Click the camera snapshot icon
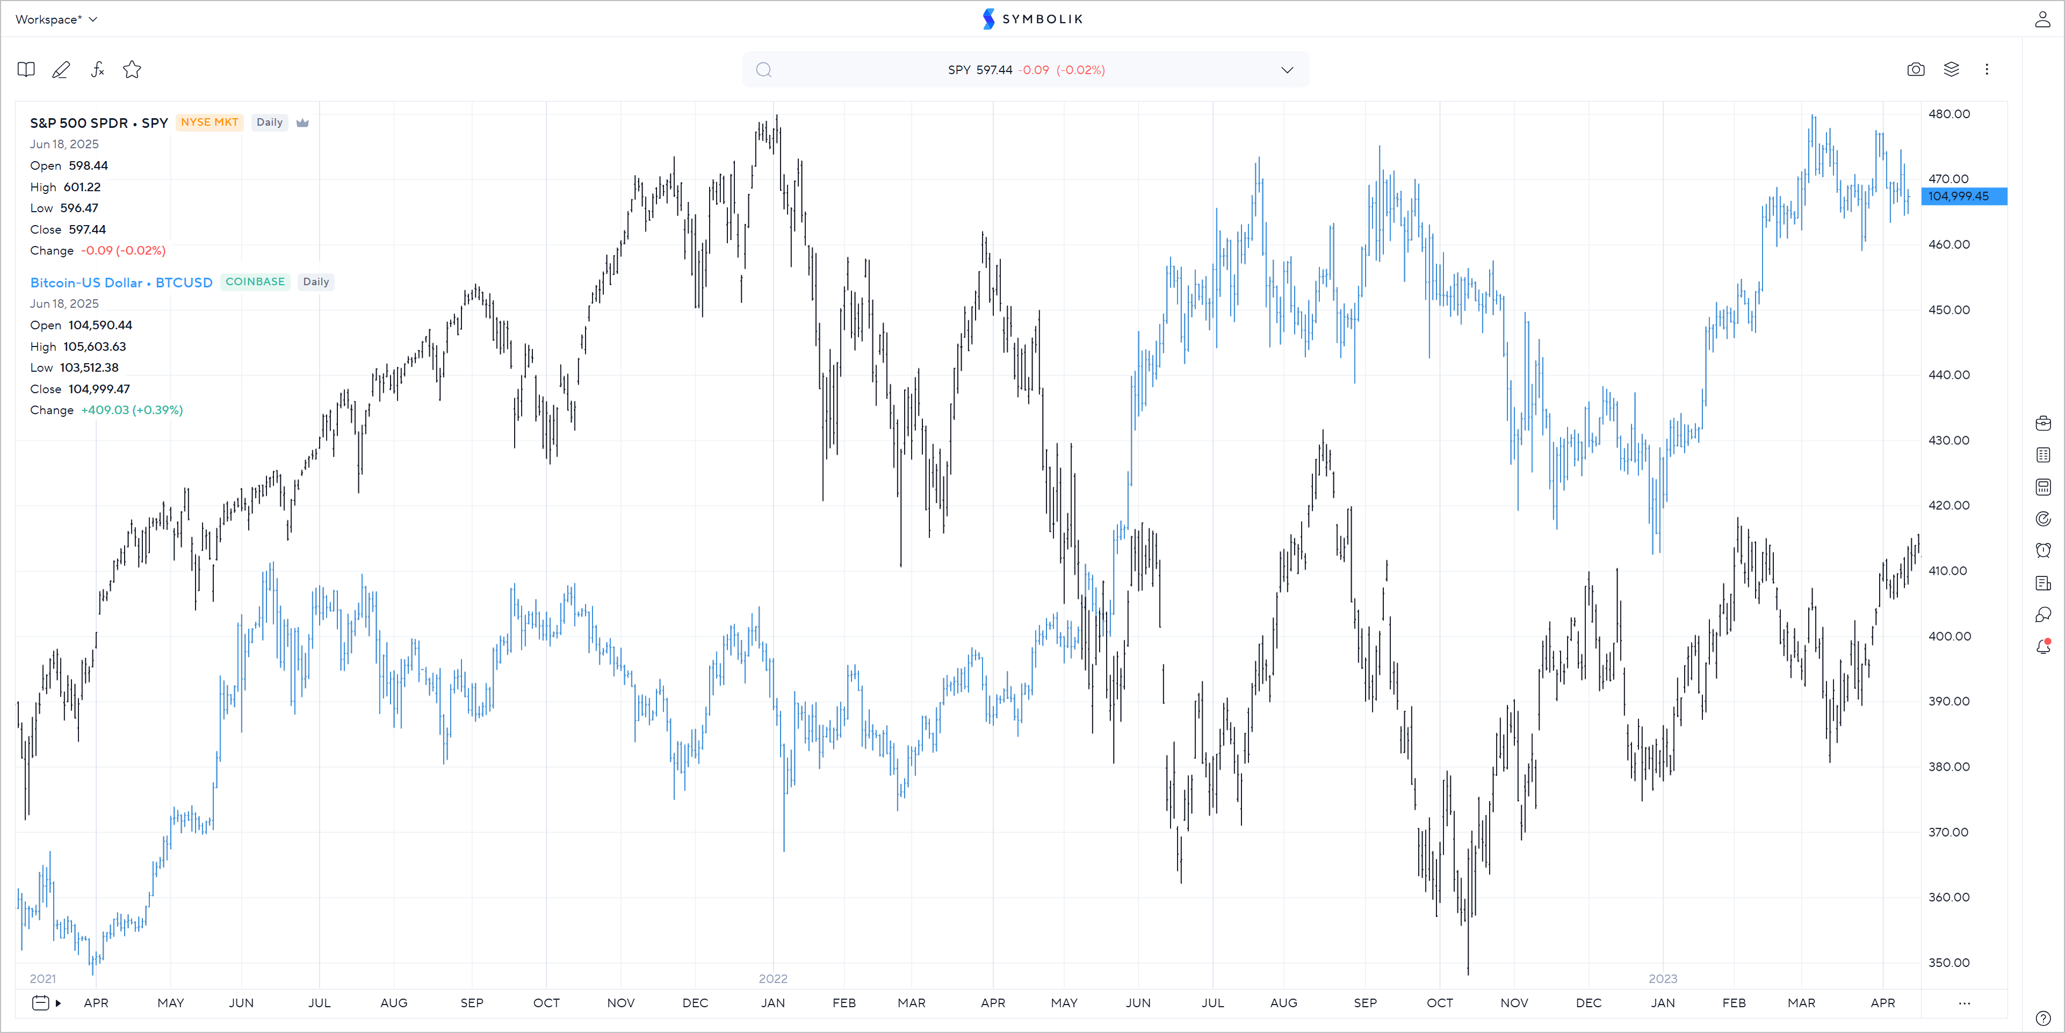tap(1915, 70)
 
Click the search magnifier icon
tap(764, 70)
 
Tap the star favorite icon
tap(132, 70)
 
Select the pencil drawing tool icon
tap(61, 70)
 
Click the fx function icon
tap(97, 70)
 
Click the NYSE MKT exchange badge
tap(209, 122)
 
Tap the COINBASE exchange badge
tap(255, 282)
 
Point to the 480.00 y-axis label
tap(1949, 114)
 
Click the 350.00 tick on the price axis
tap(1949, 963)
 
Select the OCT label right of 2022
tap(1439, 1002)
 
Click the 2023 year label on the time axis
tap(1663, 979)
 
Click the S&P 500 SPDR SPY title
tap(99, 122)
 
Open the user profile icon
tap(2042, 19)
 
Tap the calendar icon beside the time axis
tap(40, 1002)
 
